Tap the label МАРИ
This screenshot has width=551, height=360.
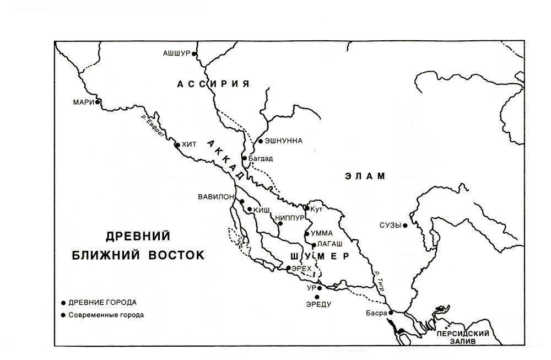[84, 102]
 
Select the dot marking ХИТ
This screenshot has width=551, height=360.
[177, 145]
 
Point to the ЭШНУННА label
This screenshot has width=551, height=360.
[284, 141]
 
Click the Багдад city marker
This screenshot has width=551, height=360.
[245, 158]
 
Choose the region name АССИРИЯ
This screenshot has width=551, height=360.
[213, 84]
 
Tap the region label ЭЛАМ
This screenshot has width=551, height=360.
[363, 176]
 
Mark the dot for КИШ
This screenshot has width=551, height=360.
[250, 209]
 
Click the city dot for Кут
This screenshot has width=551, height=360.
[307, 208]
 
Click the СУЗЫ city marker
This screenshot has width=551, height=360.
[405, 225]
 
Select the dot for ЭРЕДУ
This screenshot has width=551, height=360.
[317, 297]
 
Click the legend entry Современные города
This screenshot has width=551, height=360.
[106, 315]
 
